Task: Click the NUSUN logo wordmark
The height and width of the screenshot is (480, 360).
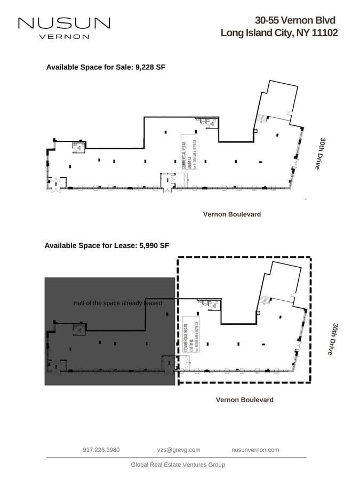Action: pyautogui.click(x=64, y=23)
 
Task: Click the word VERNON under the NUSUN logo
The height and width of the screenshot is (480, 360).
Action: pyautogui.click(x=64, y=37)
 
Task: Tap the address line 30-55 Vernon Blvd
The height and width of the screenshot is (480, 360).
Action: pyautogui.click(x=295, y=20)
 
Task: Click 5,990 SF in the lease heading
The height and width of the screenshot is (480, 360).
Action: pyautogui.click(x=154, y=246)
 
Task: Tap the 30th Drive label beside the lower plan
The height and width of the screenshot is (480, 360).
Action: pyautogui.click(x=332, y=339)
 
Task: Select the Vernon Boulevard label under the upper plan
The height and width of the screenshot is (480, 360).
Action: pyautogui.click(x=232, y=214)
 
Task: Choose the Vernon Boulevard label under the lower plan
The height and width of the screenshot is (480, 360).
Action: pyautogui.click(x=244, y=400)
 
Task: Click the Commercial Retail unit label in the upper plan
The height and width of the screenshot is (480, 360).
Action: pyautogui.click(x=189, y=152)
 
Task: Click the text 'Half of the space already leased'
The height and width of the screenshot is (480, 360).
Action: pyautogui.click(x=117, y=303)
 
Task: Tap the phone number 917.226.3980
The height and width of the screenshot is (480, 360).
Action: pyautogui.click(x=101, y=450)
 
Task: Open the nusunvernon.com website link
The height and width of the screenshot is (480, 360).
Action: pyautogui.click(x=255, y=450)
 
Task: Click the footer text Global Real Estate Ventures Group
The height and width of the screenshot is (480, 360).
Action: pyautogui.click(x=178, y=465)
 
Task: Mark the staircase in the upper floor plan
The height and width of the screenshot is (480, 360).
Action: pyautogui.click(x=261, y=118)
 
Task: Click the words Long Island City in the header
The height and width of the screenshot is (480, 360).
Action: pyautogui.click(x=256, y=33)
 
